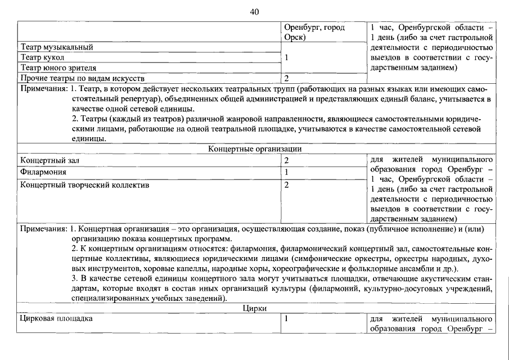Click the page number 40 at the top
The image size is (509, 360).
point(254,12)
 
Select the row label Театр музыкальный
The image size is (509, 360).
point(56,47)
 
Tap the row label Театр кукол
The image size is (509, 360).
point(42,57)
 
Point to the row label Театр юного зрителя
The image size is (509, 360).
point(58,67)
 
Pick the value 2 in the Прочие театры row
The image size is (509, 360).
point(287,78)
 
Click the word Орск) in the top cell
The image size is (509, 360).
point(295,37)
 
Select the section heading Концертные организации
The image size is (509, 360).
point(255,149)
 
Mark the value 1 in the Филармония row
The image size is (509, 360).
point(287,172)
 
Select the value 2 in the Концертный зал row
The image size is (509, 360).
point(287,160)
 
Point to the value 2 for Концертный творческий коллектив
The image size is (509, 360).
point(287,184)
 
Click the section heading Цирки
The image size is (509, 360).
point(254,308)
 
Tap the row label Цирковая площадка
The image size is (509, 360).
point(56,319)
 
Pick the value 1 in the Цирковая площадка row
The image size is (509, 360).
point(287,319)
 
